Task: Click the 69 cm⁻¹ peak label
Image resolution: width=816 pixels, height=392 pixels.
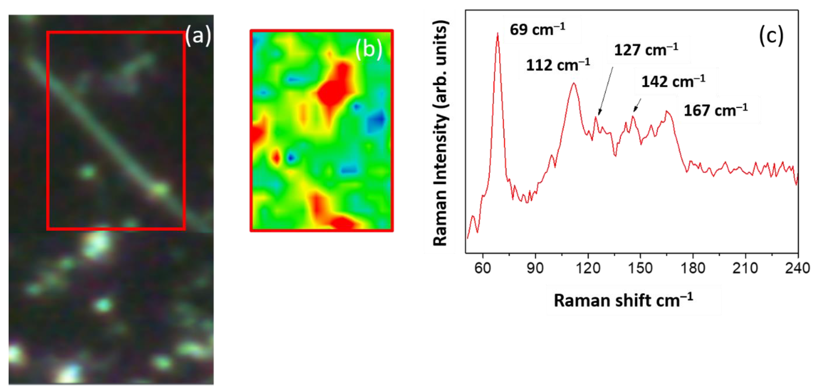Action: point(537,29)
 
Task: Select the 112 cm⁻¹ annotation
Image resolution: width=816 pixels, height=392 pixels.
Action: point(558,65)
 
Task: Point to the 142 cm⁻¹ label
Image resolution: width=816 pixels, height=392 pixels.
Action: point(673,81)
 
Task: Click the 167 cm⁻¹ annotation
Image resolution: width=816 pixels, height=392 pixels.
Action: point(716,110)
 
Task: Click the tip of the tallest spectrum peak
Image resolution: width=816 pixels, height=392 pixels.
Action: point(498,34)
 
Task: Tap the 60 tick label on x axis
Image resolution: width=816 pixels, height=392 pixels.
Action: point(483,268)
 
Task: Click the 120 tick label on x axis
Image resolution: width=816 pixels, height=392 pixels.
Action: point(588,268)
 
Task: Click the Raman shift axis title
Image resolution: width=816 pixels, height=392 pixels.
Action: point(623,300)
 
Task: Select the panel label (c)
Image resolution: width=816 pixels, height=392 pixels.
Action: point(771,36)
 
